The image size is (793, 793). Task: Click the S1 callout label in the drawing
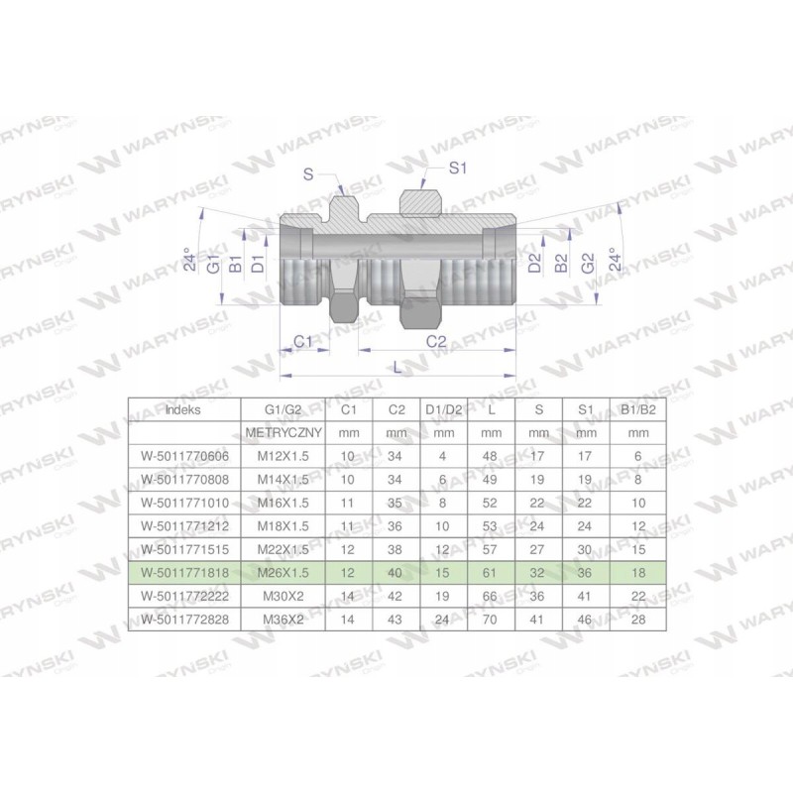(x=457, y=170)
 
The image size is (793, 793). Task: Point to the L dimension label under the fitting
(x=398, y=366)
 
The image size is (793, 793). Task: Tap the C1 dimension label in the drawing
(x=304, y=341)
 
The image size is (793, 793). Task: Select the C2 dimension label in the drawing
(x=435, y=341)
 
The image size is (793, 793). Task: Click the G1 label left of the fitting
(x=212, y=265)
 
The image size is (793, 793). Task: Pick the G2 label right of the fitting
(x=588, y=265)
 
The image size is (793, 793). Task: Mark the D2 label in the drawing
(x=534, y=265)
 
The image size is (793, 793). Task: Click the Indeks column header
(x=183, y=407)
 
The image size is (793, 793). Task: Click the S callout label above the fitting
(x=308, y=174)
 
